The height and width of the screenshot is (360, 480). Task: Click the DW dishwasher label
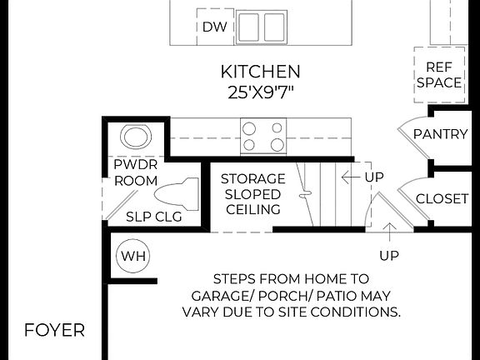214,27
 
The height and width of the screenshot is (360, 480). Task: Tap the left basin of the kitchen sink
249,27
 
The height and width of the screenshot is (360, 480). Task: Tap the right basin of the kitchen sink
274,27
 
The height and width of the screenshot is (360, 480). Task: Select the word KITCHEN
260,72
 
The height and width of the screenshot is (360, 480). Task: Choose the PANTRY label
440,134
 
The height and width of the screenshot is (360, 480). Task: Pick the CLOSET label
442,199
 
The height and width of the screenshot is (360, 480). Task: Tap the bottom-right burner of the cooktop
276,145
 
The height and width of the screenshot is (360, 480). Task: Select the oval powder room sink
134,136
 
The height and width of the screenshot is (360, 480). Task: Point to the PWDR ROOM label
136,172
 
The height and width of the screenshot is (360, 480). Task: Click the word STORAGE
252,179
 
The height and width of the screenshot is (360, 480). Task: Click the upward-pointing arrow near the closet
388,230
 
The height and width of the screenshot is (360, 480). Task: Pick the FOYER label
54,330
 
